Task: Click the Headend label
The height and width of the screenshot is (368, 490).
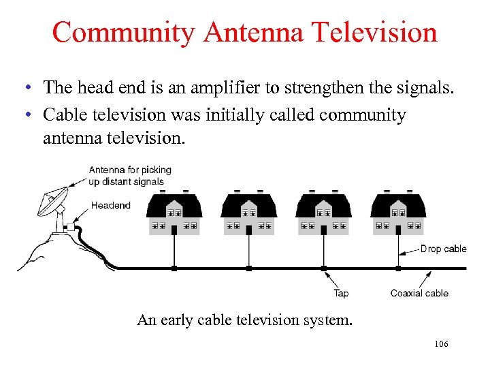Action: (x=110, y=205)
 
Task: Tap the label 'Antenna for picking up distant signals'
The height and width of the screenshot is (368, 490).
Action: (x=129, y=175)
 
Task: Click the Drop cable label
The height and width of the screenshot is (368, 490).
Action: (x=443, y=249)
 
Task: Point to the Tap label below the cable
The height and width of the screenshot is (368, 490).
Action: (x=341, y=293)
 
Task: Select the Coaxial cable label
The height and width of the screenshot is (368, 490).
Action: (x=419, y=293)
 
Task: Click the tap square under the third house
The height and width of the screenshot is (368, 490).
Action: (x=323, y=269)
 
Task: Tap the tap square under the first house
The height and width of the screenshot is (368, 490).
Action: (x=174, y=269)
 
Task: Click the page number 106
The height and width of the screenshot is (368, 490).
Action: (x=441, y=344)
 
